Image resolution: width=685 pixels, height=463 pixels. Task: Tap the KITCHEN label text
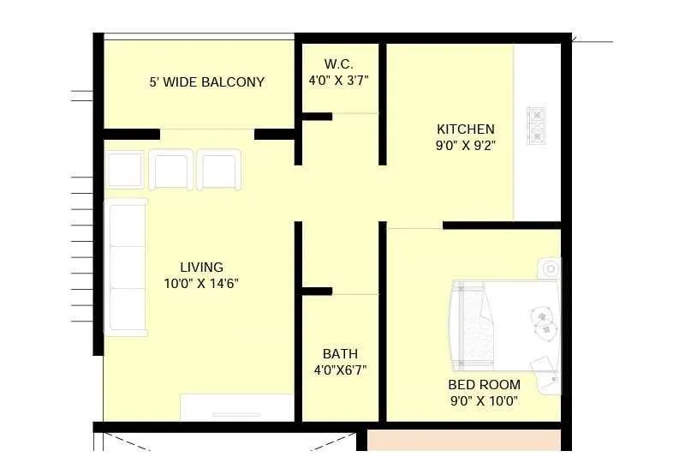click(465, 129)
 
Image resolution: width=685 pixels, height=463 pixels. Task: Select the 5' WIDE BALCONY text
click(206, 82)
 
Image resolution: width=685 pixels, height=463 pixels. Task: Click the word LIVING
click(201, 267)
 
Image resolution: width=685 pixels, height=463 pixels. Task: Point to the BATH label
click(340, 353)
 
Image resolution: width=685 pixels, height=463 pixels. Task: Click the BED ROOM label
click(484, 385)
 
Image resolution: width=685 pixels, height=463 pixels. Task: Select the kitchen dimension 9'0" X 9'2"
click(465, 146)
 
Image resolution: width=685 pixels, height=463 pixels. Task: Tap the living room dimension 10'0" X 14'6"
click(201, 283)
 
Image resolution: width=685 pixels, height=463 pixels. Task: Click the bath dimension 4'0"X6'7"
click(340, 370)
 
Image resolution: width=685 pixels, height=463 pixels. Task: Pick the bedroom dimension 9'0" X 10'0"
click(484, 400)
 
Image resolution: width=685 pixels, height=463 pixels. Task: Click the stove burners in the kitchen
click(536, 125)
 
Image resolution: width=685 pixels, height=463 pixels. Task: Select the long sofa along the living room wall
click(126, 266)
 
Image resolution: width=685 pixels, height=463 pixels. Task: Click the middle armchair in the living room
click(171, 168)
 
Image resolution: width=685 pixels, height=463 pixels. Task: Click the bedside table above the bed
click(548, 268)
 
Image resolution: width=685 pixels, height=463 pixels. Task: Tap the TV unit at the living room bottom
click(237, 407)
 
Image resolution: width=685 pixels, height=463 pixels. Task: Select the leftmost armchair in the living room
click(125, 168)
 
